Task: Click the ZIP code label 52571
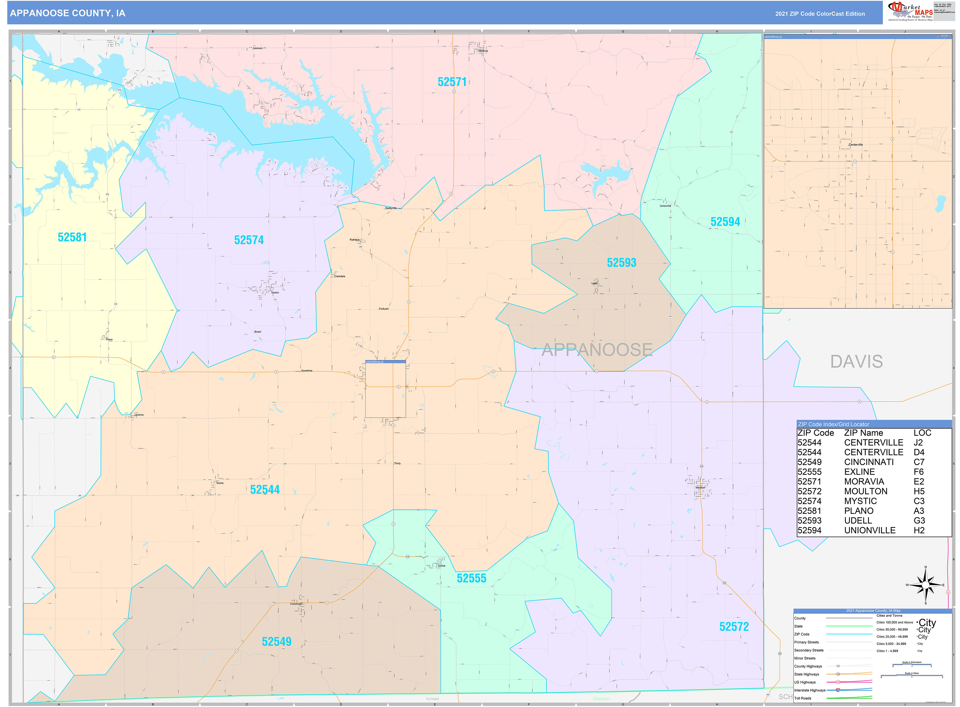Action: (x=452, y=82)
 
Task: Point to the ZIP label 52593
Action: (x=621, y=263)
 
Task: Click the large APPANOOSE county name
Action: (x=597, y=350)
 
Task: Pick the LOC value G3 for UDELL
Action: (x=919, y=521)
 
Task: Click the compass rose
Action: (x=925, y=585)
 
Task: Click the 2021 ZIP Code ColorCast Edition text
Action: (x=820, y=14)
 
